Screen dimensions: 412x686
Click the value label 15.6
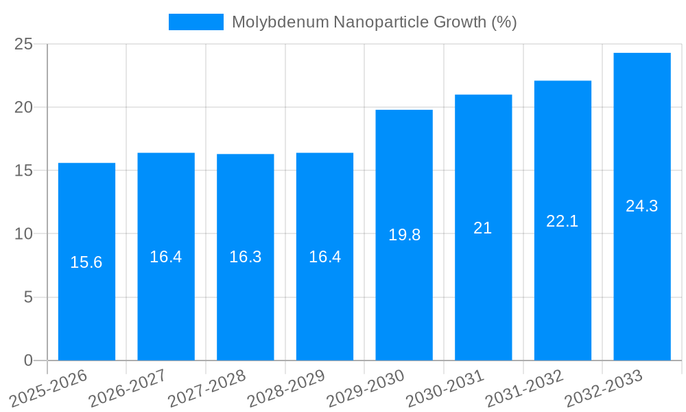click(86, 262)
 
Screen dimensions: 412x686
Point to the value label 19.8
click(404, 235)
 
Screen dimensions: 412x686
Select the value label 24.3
click(642, 206)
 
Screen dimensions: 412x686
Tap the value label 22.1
click(563, 221)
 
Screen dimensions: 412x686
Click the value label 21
click(483, 228)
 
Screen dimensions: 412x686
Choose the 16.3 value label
click(246, 257)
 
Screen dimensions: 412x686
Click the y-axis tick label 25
click(24, 45)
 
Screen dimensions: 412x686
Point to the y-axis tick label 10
click(24, 234)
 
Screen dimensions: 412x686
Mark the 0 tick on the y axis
click(28, 360)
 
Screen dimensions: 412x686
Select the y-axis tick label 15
click(24, 171)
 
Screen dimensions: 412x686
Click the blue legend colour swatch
click(196, 22)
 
